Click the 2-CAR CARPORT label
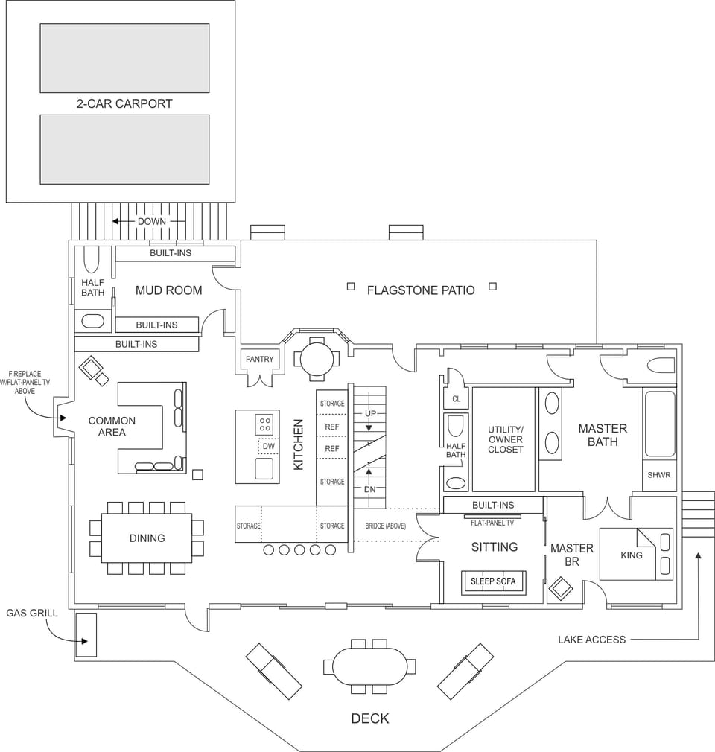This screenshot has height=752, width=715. tap(124, 103)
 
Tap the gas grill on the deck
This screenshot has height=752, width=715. tap(86, 634)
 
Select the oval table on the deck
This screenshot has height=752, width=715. tap(369, 666)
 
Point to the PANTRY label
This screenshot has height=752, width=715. tap(259, 359)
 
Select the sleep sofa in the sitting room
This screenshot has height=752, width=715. tap(492, 581)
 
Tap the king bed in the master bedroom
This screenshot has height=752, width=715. tap(631, 555)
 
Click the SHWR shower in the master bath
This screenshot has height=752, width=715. tap(658, 475)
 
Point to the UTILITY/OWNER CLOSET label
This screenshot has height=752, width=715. tap(505, 439)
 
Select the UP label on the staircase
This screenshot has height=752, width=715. tap(369, 413)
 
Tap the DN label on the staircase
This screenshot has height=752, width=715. tap(369, 489)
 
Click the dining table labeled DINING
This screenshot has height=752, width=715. tap(147, 538)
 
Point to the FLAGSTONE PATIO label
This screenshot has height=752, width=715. tap(420, 290)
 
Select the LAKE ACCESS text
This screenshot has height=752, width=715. tap(591, 639)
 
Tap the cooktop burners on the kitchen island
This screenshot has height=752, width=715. tap(264, 424)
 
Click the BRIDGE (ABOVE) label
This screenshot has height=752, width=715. tap(385, 526)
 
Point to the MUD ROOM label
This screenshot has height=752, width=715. tap(168, 290)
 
